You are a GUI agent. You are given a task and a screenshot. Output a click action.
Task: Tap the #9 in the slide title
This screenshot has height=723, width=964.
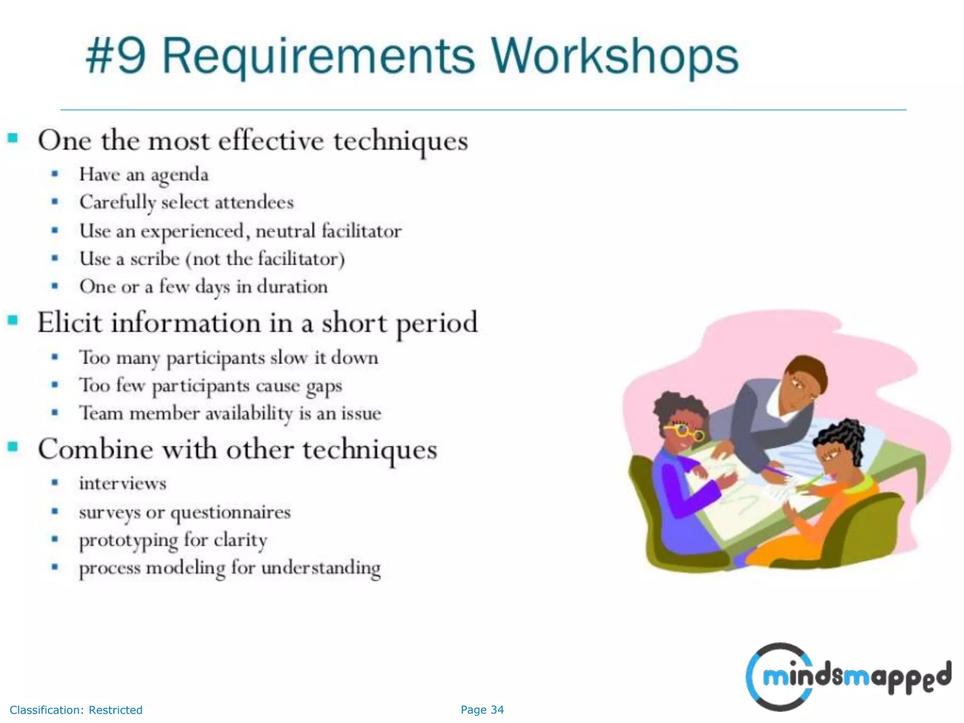click(116, 56)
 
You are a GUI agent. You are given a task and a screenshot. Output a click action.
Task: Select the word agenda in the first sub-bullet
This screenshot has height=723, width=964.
click(179, 175)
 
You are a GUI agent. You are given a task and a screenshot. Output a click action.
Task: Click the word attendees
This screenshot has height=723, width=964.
click(254, 202)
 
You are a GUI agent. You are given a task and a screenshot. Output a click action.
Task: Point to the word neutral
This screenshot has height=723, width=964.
click(285, 231)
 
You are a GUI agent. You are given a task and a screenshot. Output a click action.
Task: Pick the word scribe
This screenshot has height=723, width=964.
click(155, 259)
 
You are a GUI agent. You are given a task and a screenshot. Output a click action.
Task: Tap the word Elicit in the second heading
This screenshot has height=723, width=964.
click(69, 323)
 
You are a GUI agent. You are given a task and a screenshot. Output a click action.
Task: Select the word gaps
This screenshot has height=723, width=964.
click(324, 386)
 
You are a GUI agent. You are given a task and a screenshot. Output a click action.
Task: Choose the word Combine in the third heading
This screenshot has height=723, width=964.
click(95, 449)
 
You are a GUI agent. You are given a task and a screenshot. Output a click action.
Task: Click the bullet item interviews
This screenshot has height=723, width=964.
click(122, 483)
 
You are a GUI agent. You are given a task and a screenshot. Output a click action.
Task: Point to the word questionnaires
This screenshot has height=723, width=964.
click(230, 512)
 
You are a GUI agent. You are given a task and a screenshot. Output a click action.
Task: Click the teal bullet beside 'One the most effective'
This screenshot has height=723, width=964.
click(13, 138)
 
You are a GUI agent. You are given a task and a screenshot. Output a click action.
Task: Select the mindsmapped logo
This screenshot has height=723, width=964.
click(847, 677)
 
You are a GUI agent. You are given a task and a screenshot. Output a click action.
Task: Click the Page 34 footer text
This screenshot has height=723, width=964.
click(482, 710)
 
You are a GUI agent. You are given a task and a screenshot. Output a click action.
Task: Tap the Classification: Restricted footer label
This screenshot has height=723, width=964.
click(76, 710)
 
